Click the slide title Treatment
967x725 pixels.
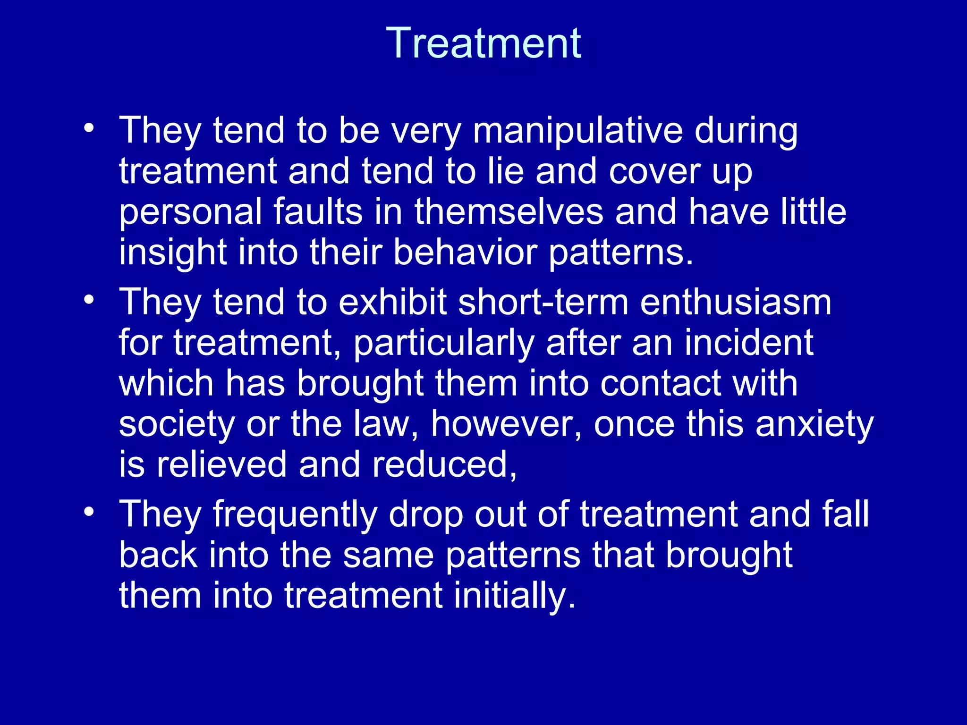483,43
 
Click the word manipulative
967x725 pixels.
577,131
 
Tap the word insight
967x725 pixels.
172,253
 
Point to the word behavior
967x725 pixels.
465,253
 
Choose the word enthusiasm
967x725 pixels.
735,302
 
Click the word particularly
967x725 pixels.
444,343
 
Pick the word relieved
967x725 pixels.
221,465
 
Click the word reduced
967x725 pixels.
444,465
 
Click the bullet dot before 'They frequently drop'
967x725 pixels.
89,512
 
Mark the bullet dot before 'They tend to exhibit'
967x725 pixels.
89,299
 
